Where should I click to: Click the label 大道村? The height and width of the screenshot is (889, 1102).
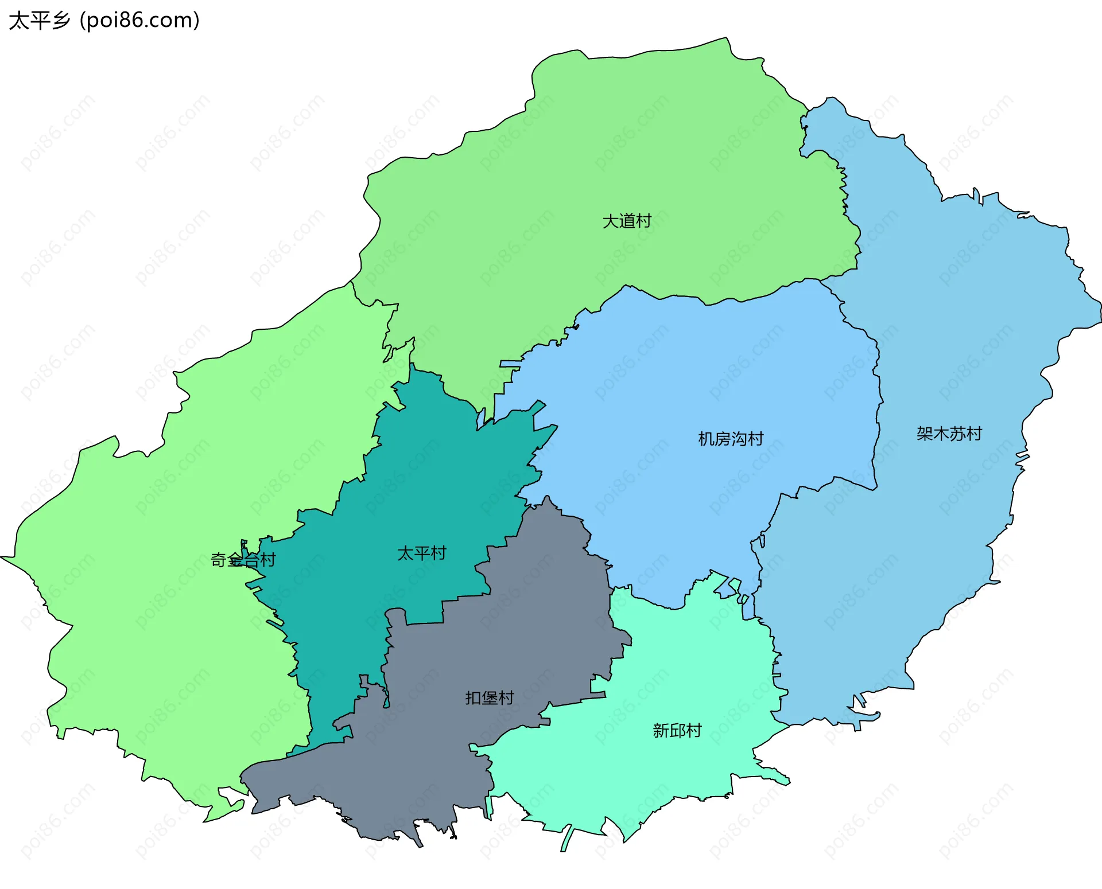click(x=627, y=221)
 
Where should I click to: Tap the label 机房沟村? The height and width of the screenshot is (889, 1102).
click(x=731, y=439)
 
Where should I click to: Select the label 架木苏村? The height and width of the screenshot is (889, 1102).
click(x=949, y=434)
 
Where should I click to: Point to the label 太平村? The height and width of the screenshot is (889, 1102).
click(x=422, y=553)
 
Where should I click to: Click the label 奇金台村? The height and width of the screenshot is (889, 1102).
click(x=243, y=560)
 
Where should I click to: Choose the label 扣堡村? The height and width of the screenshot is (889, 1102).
click(x=490, y=698)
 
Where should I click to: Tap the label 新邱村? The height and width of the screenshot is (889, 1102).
click(x=677, y=731)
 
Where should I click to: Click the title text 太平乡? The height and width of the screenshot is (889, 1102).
click(x=39, y=21)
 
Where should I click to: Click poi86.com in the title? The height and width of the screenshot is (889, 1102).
click(x=139, y=21)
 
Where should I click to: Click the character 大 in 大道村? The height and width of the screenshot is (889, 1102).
click(x=611, y=221)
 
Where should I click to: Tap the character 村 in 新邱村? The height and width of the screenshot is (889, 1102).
click(x=694, y=731)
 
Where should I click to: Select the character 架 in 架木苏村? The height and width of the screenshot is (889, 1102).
click(x=925, y=434)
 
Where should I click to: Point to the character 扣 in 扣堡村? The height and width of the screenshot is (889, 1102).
click(x=473, y=698)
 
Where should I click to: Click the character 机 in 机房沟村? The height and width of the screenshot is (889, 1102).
click(x=706, y=439)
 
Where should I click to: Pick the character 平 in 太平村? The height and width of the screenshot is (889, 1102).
click(x=422, y=553)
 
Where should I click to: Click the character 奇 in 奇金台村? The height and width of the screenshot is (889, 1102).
click(x=219, y=560)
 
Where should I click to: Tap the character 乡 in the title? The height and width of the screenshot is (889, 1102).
click(x=60, y=21)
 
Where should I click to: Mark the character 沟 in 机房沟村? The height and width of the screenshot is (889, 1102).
click(x=739, y=439)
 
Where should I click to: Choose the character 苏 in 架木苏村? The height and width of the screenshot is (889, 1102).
click(x=957, y=434)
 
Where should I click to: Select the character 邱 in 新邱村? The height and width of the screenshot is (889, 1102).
click(x=677, y=731)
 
